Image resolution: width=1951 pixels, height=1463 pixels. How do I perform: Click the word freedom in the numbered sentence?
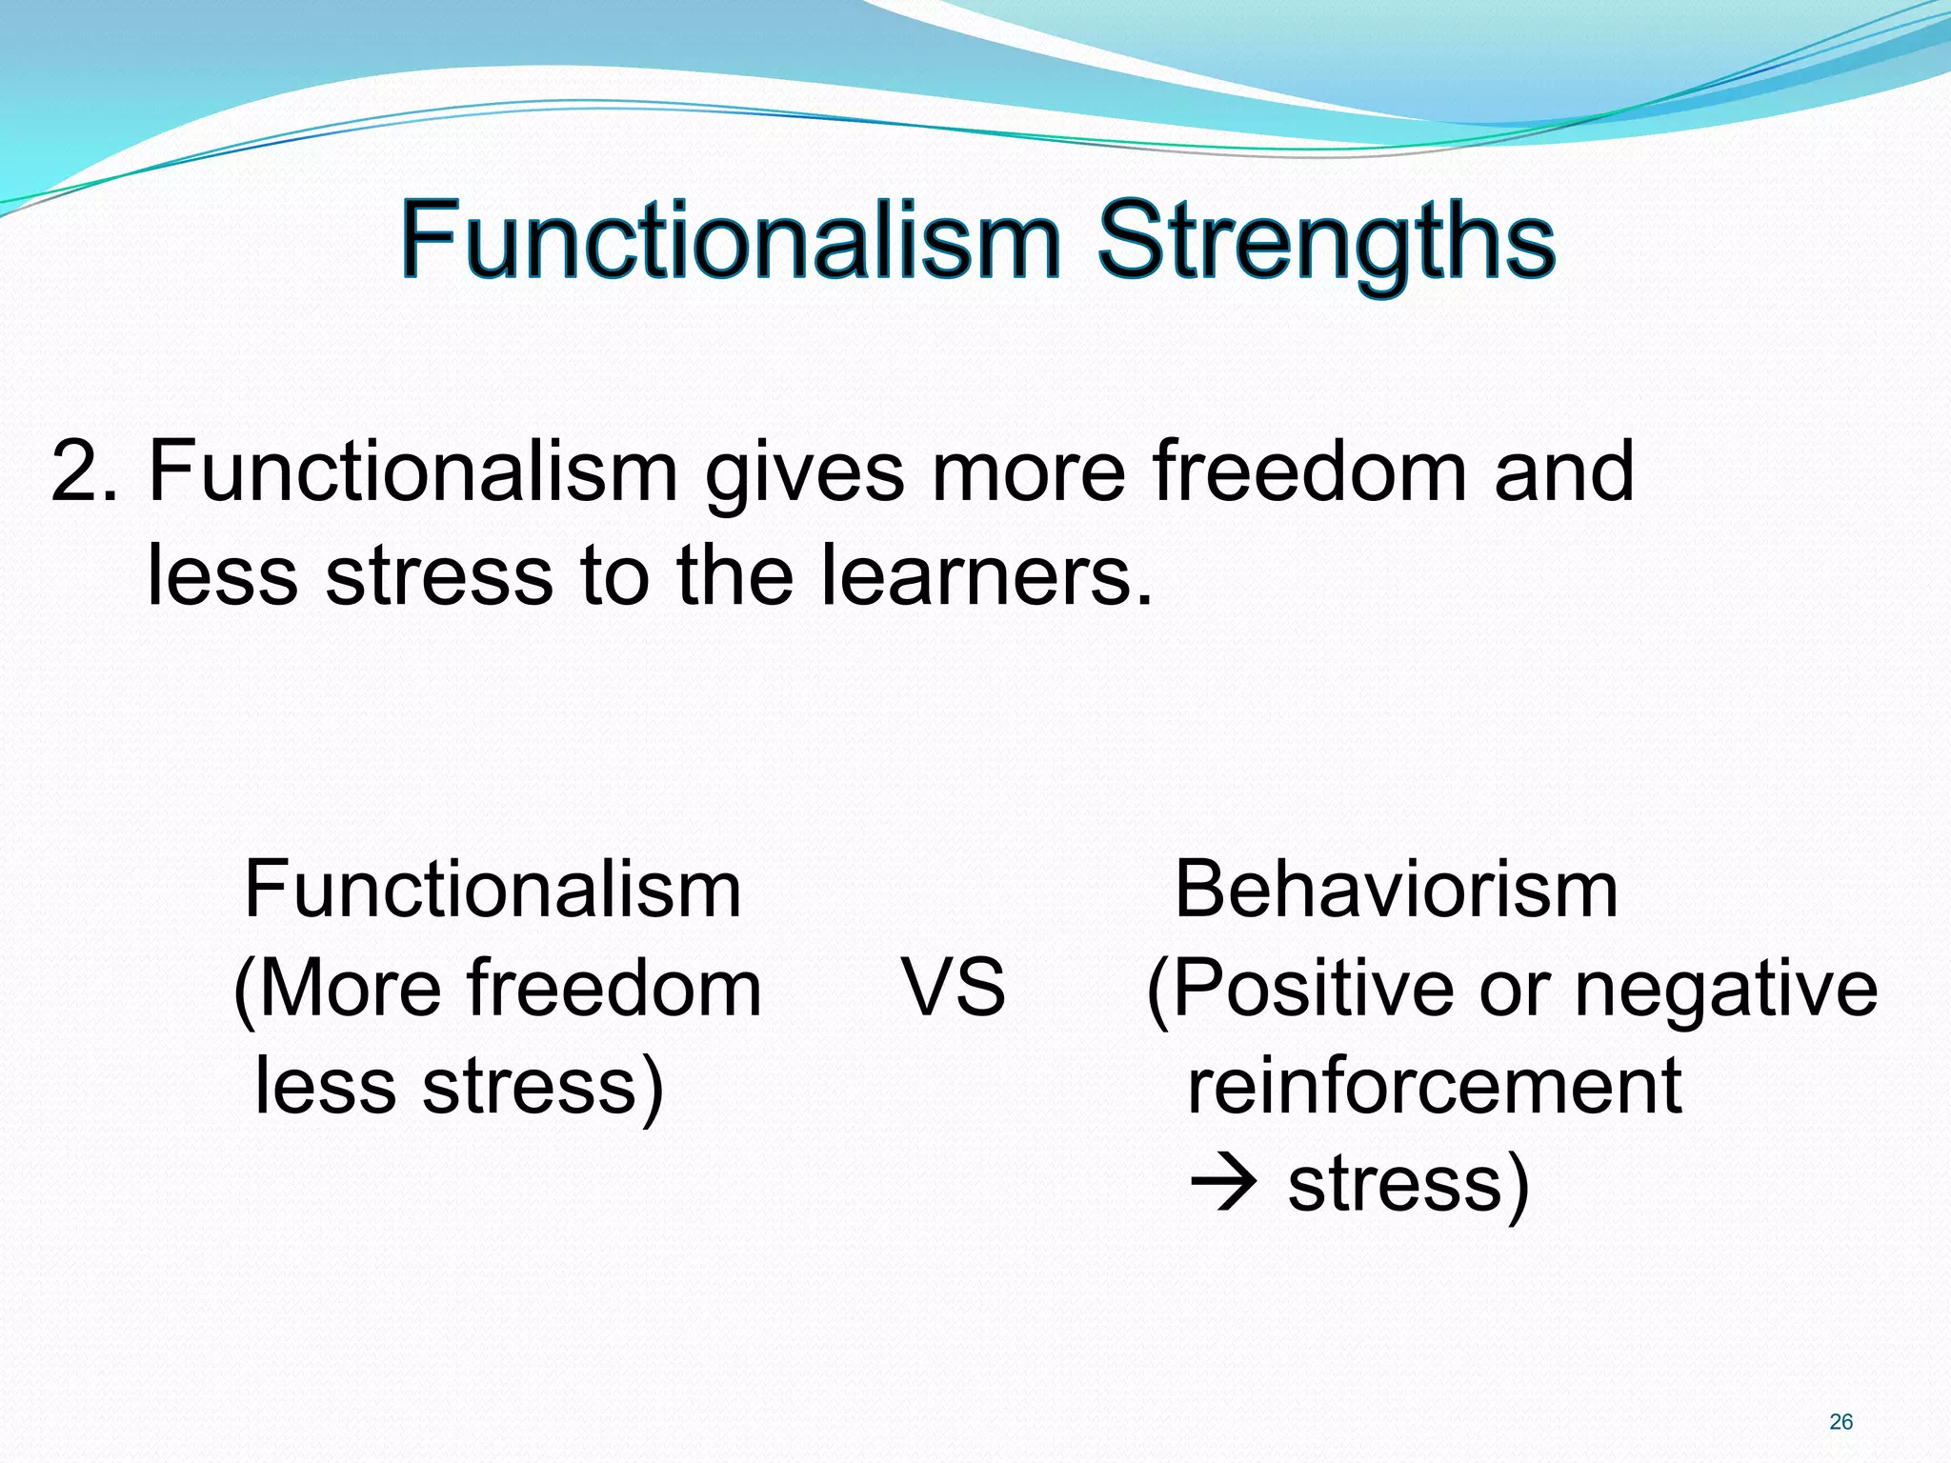[1309, 471]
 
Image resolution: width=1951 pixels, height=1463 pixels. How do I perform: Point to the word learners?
[986, 575]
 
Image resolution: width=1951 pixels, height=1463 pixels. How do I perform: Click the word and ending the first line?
[1563, 471]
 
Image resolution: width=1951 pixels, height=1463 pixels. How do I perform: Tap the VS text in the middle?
[954, 988]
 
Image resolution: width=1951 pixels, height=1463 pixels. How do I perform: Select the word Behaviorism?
[1396, 890]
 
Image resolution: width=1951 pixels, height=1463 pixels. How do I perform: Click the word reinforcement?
[1434, 1086]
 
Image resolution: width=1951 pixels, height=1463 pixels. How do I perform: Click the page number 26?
[1840, 1422]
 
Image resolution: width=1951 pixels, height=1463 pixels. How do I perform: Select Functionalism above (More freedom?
[493, 890]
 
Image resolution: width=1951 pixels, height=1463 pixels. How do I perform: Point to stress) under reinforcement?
[1408, 1185]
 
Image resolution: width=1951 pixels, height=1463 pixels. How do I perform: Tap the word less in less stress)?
[325, 1086]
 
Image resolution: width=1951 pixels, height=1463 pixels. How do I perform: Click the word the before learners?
[734, 575]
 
